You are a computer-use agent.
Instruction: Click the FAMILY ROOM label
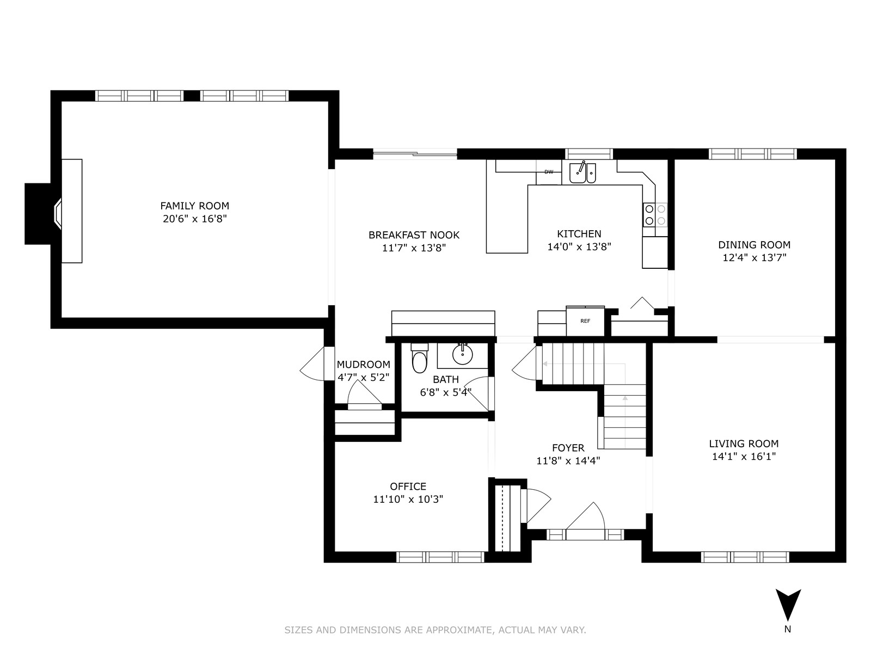(194, 206)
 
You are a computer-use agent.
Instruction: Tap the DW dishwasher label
(548, 171)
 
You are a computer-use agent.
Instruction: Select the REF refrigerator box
(585, 321)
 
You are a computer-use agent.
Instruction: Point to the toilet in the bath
(419, 358)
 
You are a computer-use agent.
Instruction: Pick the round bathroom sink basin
(463, 354)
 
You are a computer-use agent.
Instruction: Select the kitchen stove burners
(655, 214)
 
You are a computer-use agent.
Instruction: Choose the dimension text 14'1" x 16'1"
(744, 457)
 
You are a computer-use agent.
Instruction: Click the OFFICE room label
(408, 486)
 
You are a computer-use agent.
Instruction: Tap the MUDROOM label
(363, 365)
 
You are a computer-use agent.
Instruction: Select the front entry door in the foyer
(585, 518)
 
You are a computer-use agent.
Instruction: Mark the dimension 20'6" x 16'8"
(194, 218)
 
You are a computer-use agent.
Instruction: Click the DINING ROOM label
(755, 245)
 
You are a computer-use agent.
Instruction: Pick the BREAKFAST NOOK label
(414, 235)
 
